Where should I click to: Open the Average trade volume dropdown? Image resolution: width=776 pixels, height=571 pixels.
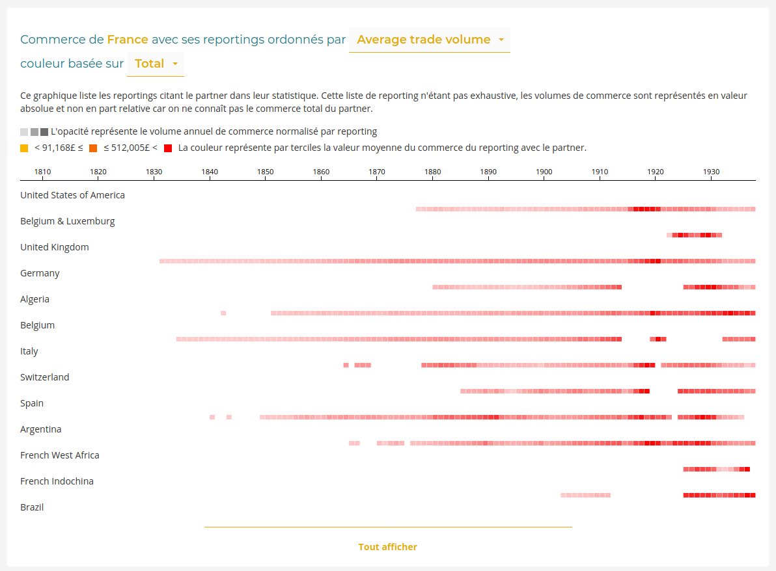click(x=430, y=40)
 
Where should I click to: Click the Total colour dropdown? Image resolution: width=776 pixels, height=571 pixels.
click(x=156, y=64)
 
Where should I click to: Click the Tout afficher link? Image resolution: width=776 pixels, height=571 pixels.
click(x=388, y=547)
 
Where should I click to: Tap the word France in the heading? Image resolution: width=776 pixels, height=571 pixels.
click(x=128, y=40)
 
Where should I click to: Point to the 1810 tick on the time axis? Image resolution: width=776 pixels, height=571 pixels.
click(x=42, y=172)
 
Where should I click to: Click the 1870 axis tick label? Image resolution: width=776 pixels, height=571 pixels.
click(x=377, y=172)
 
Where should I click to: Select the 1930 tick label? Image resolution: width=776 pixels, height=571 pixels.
click(x=711, y=172)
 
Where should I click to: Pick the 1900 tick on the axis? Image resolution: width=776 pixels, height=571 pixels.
click(x=544, y=172)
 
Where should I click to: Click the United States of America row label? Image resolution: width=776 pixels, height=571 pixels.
click(x=72, y=195)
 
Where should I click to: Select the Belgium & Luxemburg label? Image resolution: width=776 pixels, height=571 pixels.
click(x=67, y=221)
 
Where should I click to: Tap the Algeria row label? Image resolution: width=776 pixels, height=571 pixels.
click(x=35, y=299)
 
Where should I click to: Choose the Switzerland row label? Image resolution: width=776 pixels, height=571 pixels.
click(x=44, y=377)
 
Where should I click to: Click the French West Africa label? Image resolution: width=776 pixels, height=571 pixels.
click(x=60, y=455)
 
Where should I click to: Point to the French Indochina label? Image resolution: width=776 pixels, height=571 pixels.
click(x=57, y=481)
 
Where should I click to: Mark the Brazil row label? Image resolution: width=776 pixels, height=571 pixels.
click(x=32, y=507)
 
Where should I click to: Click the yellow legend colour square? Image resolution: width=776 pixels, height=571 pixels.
click(x=24, y=148)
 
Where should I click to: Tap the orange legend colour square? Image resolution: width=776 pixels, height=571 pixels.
click(x=93, y=148)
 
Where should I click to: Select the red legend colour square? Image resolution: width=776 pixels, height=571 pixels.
click(x=168, y=148)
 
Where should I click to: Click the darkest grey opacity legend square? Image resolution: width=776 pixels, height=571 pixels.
click(x=44, y=132)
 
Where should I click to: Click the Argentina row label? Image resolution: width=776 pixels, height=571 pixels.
click(x=41, y=429)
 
